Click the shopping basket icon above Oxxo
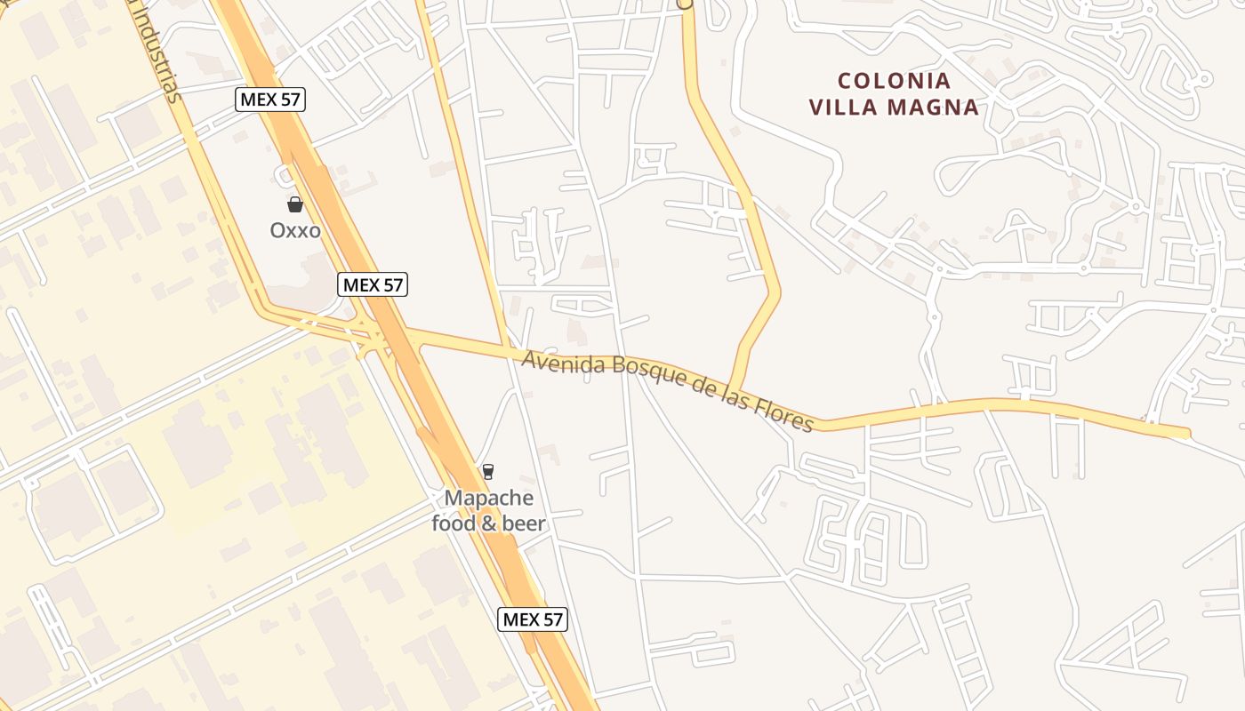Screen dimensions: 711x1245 click(x=295, y=204)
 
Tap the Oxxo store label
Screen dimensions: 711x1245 click(x=295, y=230)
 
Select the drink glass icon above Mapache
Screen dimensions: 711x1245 click(x=487, y=471)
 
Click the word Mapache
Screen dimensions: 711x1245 click(x=489, y=498)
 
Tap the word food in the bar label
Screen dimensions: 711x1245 click(x=454, y=523)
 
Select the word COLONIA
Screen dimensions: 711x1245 click(x=894, y=81)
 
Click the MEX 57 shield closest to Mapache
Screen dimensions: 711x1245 click(x=532, y=619)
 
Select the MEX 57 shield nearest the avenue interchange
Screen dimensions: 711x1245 click(x=373, y=284)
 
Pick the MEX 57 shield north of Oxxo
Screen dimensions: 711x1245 click(x=270, y=99)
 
